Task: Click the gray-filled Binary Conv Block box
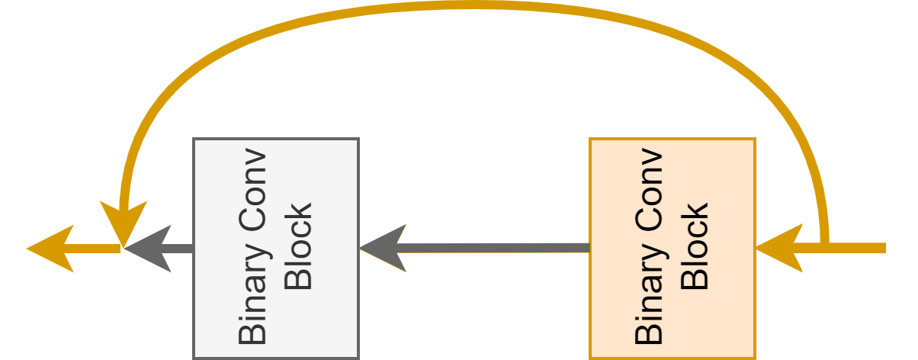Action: tap(275, 248)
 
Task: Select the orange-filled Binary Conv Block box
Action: tap(672, 248)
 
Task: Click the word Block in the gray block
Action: tap(298, 246)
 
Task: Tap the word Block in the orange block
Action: tap(695, 246)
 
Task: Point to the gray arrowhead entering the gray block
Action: tap(381, 248)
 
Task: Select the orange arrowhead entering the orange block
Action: tap(778, 248)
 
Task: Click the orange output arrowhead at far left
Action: tap(50, 248)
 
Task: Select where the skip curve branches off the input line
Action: tap(824, 246)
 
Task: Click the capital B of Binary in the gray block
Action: tap(253, 333)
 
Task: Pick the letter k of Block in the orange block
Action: tap(695, 211)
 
